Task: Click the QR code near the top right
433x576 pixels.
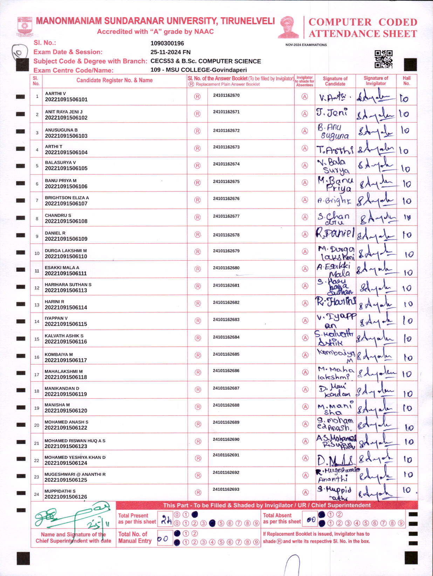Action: pos(384,59)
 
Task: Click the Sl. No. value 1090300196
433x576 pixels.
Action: pos(167,43)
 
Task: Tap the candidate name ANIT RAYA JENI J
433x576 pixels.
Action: pos(64,112)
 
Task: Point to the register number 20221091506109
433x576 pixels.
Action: pos(66,239)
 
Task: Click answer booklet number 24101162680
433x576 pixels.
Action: pos(226,268)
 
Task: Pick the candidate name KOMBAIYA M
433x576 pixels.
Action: pos(59,355)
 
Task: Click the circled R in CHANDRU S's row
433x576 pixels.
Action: pos(198,217)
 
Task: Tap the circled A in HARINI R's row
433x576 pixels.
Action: pos(305,303)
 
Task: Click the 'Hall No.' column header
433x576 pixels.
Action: pos(406,81)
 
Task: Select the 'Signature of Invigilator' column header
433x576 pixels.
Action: pos(376,81)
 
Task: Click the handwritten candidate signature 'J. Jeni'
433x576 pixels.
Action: pos(332,112)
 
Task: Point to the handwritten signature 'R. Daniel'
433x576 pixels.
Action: pos(335,233)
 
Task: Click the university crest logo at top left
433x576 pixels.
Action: pos(25,27)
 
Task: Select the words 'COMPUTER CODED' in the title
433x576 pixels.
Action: pos(363,22)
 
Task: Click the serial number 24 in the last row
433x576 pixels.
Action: pos(36,494)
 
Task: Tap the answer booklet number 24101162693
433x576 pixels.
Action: pos(226,489)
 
